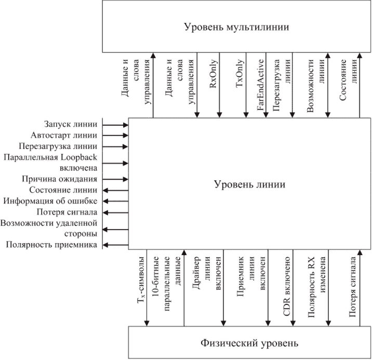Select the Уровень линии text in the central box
point(241,184)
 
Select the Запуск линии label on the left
point(72,125)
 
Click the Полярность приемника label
point(52,245)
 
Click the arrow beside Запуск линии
point(115,125)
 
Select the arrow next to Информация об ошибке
point(115,201)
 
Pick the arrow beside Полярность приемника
point(115,245)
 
